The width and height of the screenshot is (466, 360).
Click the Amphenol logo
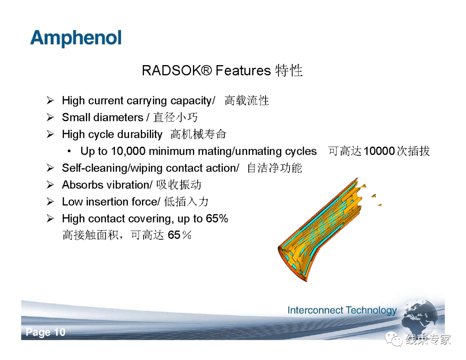[76, 39]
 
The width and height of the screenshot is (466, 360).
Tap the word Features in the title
[243, 70]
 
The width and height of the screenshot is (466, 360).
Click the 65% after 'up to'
[217, 219]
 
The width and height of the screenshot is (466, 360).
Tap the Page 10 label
[46, 332]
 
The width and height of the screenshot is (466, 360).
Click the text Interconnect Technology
[342, 310]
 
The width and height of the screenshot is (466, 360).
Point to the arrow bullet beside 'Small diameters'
[50, 117]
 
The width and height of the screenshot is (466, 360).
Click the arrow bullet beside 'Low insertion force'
[50, 202]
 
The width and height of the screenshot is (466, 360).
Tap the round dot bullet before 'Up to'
[69, 151]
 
